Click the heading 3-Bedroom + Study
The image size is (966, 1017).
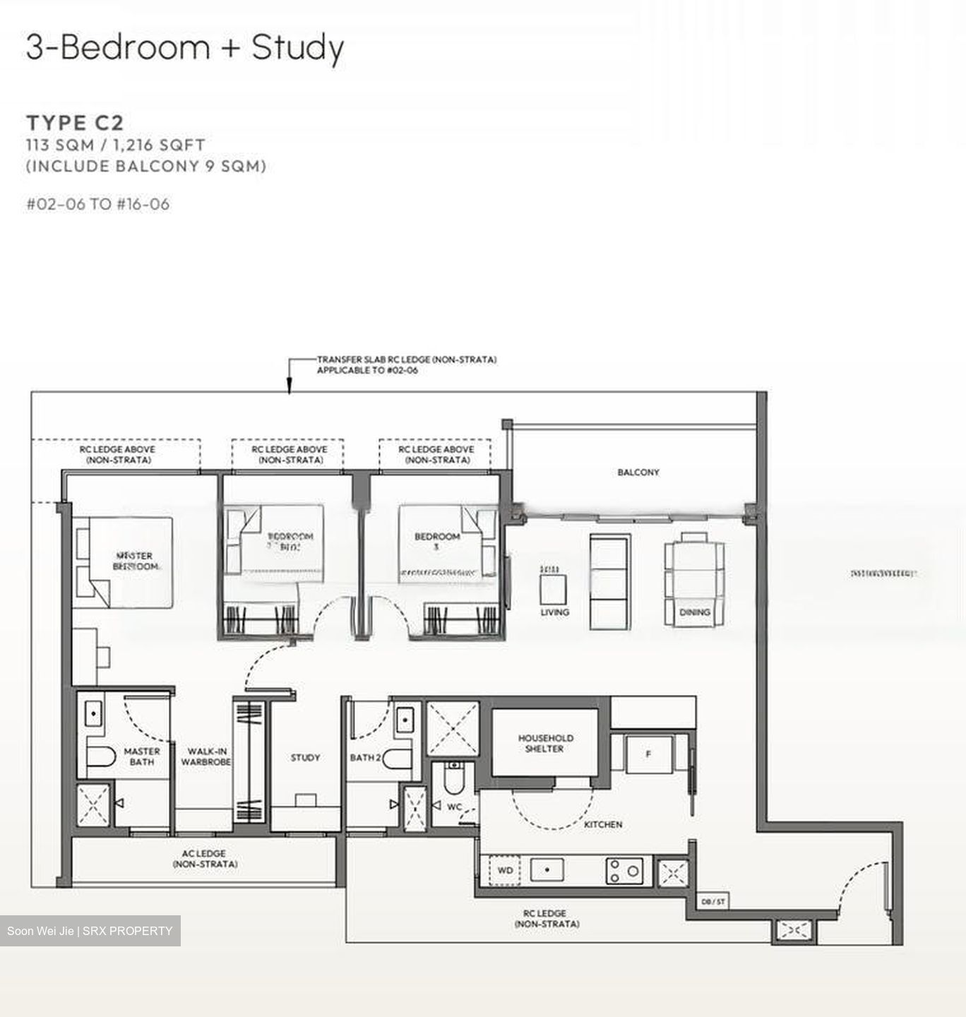point(185,48)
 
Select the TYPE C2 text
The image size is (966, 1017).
point(75,123)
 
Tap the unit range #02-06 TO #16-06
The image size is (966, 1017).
point(98,204)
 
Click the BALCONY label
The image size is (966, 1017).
point(638,472)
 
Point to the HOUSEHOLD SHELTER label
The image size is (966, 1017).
point(545,743)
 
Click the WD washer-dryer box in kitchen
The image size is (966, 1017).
point(505,870)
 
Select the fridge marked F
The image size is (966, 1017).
point(648,754)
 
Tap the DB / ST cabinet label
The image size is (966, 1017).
point(712,902)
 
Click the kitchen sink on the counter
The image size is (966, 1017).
point(547,870)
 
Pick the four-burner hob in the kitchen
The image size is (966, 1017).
point(624,871)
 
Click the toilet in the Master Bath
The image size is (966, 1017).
point(100,757)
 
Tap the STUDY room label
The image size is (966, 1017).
point(305,757)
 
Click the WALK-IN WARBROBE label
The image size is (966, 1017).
point(205,757)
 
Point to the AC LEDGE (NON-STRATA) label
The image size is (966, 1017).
point(204,859)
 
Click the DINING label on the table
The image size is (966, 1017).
point(694,612)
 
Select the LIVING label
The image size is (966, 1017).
point(554,612)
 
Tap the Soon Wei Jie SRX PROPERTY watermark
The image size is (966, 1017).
point(90,931)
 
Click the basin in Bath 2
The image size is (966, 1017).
point(404,720)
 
